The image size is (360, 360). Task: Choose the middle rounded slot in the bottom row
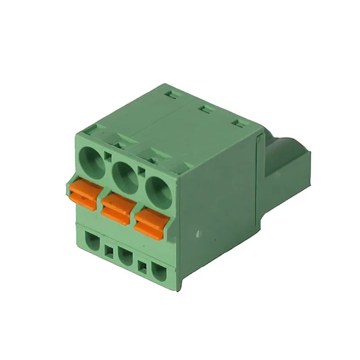(x=126, y=257)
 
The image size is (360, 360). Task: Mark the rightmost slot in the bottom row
(x=158, y=272)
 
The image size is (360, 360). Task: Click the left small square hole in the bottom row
(x=109, y=252)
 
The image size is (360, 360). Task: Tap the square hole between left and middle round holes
(x=107, y=157)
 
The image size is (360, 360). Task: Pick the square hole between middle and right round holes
(x=141, y=171)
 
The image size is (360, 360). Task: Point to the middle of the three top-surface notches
(x=204, y=109)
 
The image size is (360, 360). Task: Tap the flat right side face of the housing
(x=216, y=202)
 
